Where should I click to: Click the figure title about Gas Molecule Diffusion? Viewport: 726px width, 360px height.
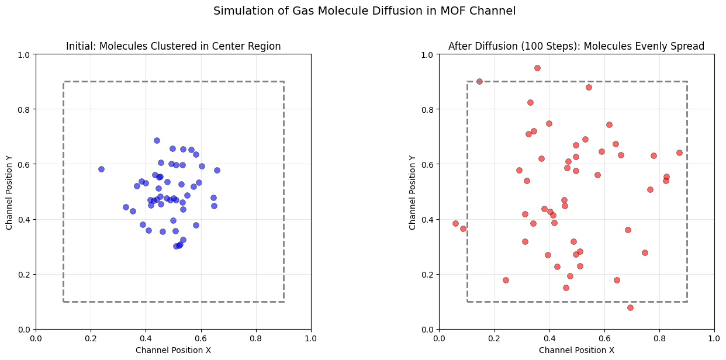[x=364, y=11]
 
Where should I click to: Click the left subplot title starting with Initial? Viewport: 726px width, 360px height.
[x=173, y=46]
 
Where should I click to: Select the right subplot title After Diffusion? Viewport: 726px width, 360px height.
[x=576, y=46]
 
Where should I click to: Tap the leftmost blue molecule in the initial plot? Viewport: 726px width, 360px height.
[x=101, y=169]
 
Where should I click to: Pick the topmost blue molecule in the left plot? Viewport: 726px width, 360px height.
[x=157, y=140]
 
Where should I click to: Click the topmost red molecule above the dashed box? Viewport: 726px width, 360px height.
[x=537, y=68]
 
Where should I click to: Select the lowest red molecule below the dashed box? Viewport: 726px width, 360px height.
[x=630, y=307]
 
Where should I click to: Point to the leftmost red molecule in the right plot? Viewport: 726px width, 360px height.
[x=455, y=223]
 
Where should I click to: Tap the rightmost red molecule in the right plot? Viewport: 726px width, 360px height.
[x=679, y=153]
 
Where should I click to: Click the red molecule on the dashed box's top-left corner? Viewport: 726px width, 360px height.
[x=479, y=81]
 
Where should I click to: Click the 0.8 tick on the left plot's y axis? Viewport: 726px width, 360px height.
[x=26, y=109]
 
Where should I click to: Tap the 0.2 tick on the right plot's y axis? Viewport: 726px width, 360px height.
[x=429, y=275]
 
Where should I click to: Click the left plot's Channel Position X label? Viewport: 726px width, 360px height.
[x=173, y=350]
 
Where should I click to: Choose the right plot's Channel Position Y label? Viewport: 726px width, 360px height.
[x=413, y=192]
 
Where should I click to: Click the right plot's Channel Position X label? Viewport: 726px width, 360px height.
[x=576, y=350]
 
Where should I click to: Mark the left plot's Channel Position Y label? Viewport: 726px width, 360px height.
[x=9, y=192]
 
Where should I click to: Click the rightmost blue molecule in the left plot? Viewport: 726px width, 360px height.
[x=217, y=170]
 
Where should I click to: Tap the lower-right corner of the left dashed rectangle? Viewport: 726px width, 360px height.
[x=284, y=302]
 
